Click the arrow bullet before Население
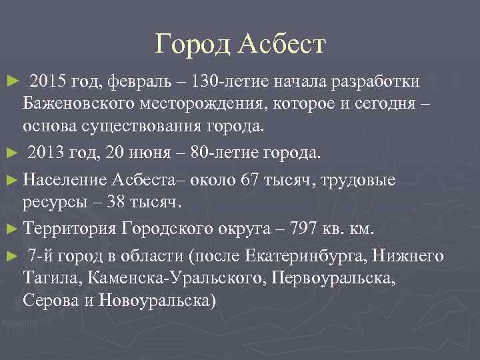(9, 180)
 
